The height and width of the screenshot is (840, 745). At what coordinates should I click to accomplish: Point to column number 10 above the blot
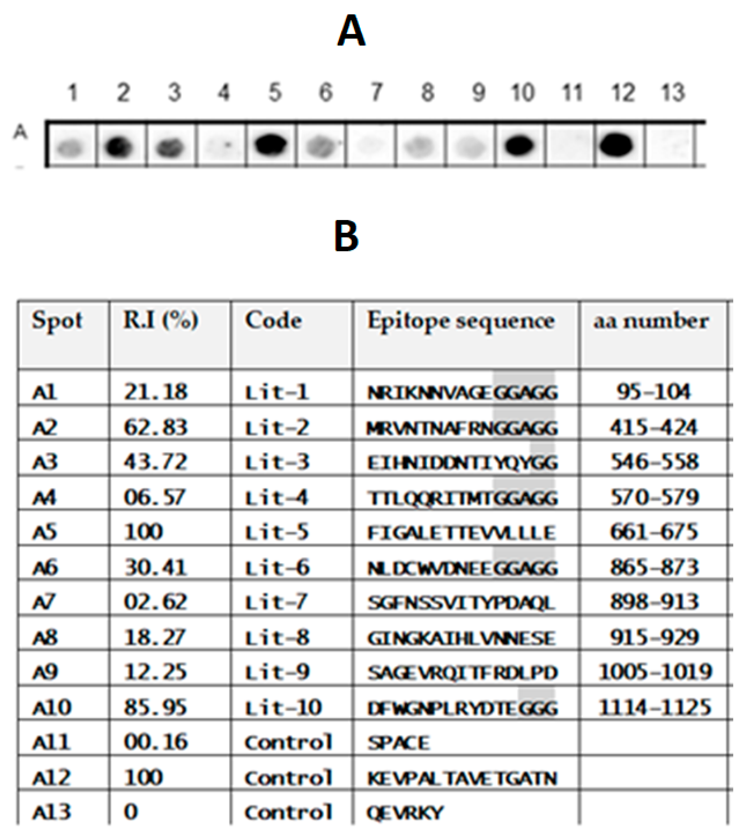522,93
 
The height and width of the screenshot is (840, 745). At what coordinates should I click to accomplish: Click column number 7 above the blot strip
376,93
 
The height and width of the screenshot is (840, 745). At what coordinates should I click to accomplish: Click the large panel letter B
346,236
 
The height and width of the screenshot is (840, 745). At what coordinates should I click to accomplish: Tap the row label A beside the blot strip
20,132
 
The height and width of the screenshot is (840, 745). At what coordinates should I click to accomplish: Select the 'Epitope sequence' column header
461,321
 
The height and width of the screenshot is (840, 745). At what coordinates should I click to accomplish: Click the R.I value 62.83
155,427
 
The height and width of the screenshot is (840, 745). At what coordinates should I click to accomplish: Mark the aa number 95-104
653,392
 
